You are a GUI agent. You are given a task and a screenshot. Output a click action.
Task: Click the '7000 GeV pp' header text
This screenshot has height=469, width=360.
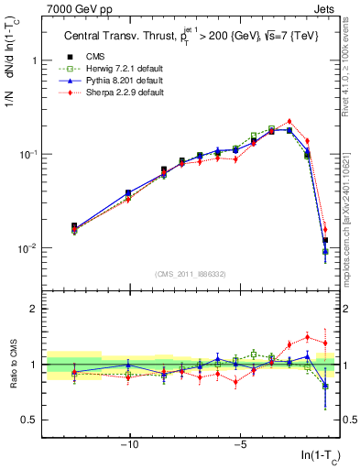(x=73, y=8)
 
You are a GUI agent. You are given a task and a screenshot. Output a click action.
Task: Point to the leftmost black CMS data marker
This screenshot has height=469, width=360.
(x=74, y=225)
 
